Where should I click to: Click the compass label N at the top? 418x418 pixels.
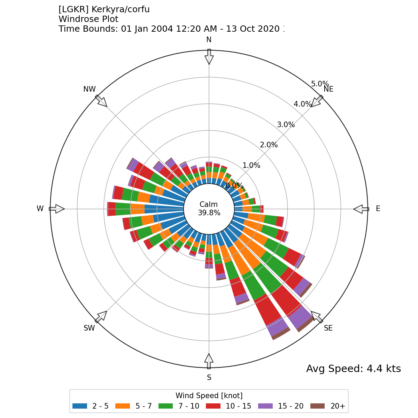point(209,40)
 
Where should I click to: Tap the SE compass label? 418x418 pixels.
point(328,328)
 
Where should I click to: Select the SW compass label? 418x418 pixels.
point(89,328)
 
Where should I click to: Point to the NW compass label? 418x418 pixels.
point(90,89)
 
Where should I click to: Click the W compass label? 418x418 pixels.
point(40,209)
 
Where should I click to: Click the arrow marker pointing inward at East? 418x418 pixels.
point(361,209)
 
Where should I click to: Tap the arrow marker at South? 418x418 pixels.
point(209,361)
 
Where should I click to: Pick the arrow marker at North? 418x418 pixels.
point(209,57)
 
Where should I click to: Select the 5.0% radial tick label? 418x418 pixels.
point(320,84)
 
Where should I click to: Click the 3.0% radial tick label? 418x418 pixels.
point(286,125)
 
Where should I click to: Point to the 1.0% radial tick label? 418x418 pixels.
point(251,165)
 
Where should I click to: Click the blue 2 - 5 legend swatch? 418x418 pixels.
point(80,406)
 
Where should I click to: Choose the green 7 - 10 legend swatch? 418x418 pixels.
point(166,406)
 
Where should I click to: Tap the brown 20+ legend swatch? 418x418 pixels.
point(317,406)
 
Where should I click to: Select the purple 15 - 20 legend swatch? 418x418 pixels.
point(265,406)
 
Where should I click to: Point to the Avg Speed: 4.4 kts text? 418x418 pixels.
point(353,369)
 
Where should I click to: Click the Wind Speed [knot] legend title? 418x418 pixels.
point(209,396)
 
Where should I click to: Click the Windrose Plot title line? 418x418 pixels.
point(88,19)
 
